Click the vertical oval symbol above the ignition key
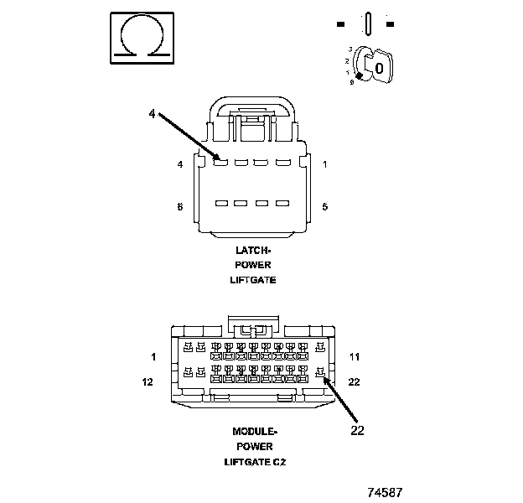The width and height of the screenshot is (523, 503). [x=366, y=23]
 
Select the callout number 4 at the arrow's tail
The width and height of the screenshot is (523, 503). [x=152, y=114]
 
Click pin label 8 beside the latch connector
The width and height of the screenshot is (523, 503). [x=179, y=206]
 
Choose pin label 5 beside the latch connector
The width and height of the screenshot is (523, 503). [x=324, y=206]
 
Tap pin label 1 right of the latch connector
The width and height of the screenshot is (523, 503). [x=324, y=164]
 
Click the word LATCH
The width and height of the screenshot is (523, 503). [x=252, y=250]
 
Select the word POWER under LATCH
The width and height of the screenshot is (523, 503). [x=252, y=265]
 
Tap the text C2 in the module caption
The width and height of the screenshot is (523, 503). [x=279, y=462]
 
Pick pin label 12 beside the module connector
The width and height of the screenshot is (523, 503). [x=148, y=382]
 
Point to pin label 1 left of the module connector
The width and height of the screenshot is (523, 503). [x=153, y=357]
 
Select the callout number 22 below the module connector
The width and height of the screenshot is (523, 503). [x=358, y=432]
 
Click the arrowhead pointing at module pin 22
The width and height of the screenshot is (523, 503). [x=326, y=380]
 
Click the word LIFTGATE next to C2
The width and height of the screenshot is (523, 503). [x=245, y=462]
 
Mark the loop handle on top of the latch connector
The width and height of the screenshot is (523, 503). [x=252, y=105]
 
